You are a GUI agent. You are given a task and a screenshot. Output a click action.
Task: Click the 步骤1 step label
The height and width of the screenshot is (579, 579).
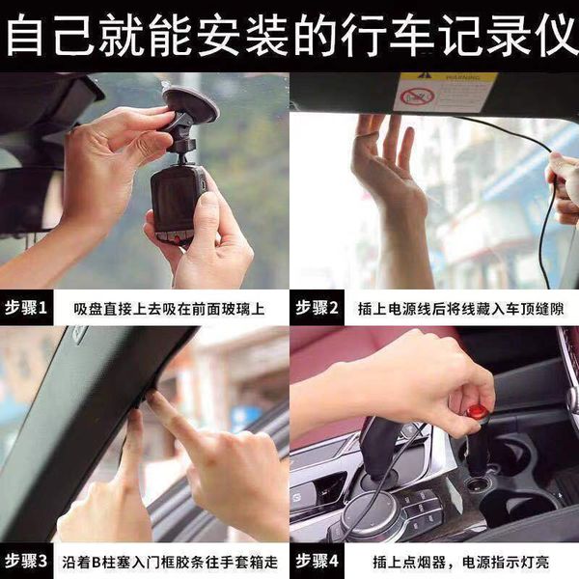(x=29, y=309)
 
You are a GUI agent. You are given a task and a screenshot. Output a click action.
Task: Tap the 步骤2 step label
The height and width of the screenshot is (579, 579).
(x=317, y=309)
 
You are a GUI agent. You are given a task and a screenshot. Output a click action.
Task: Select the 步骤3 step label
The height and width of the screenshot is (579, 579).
(x=29, y=560)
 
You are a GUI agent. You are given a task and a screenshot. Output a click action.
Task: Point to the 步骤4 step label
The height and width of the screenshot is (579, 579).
(x=317, y=560)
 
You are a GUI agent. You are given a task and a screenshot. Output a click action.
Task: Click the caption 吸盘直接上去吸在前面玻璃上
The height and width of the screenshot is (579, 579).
(x=169, y=310)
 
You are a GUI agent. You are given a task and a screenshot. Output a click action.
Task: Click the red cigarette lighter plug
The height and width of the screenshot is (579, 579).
(x=477, y=415)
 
